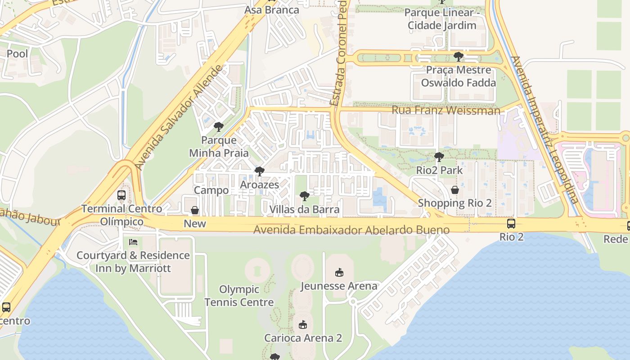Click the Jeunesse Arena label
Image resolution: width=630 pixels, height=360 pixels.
click(339, 286)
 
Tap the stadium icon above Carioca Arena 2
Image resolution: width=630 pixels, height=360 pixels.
click(303, 324)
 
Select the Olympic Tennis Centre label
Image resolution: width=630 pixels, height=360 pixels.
click(239, 296)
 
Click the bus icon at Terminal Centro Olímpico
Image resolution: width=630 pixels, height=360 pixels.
click(121, 195)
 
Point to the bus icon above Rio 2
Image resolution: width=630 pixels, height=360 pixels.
click(511, 224)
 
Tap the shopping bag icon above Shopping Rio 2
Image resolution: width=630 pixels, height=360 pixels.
click(455, 190)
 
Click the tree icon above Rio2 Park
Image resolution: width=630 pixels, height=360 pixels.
click(439, 157)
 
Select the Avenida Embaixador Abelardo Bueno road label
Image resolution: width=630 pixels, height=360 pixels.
click(351, 230)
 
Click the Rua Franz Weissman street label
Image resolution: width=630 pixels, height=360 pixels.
click(445, 110)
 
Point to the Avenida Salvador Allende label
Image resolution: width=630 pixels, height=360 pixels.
click(179, 117)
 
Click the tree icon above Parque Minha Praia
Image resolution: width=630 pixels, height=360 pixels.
click(219, 127)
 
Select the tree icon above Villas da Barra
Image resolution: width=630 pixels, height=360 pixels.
click(305, 196)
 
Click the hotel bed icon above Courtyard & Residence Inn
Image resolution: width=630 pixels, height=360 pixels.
click(133, 242)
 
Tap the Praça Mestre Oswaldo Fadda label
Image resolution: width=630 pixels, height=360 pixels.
click(458, 76)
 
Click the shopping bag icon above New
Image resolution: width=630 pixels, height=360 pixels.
click(195, 210)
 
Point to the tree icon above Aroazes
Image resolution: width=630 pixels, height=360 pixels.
click(259, 171)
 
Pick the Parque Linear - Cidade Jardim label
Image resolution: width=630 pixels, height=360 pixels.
click(442, 19)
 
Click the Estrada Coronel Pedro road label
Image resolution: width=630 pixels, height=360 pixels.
click(342, 54)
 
